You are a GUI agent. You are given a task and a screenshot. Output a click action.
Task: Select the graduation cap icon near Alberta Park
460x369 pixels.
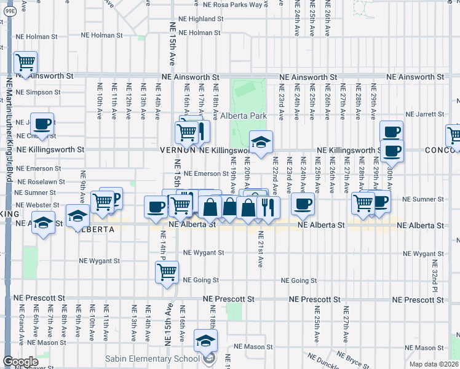pos(261,143)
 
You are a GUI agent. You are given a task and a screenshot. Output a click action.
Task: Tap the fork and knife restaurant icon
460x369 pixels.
pos(267,207)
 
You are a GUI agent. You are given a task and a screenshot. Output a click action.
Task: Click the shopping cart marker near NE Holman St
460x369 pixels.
pos(26,62)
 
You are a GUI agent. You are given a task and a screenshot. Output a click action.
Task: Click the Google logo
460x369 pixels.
pos(20,362)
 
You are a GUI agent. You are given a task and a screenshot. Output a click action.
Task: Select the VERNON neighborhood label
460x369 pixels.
pos(178,150)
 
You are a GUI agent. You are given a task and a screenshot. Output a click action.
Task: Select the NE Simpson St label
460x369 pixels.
pos(38,92)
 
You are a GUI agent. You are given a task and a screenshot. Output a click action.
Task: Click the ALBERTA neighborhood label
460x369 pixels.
pos(95,229)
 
